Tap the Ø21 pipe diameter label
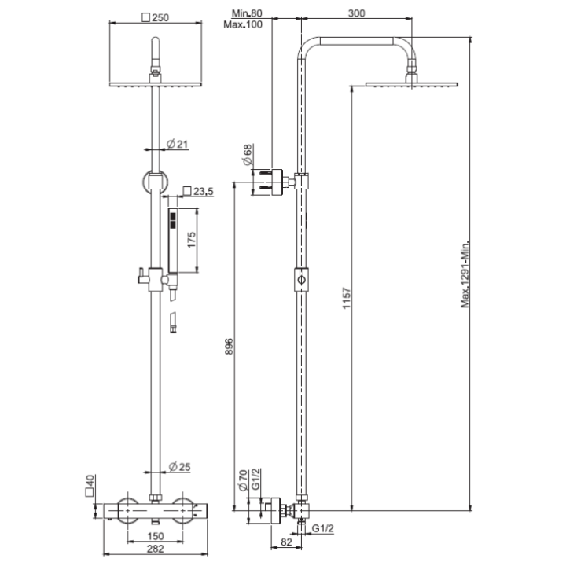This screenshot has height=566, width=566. [176, 144]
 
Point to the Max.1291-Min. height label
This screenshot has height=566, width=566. [465, 275]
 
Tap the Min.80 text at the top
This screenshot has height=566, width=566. [248, 13]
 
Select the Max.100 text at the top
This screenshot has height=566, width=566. [248, 24]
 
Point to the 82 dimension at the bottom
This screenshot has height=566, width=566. [286, 542]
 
